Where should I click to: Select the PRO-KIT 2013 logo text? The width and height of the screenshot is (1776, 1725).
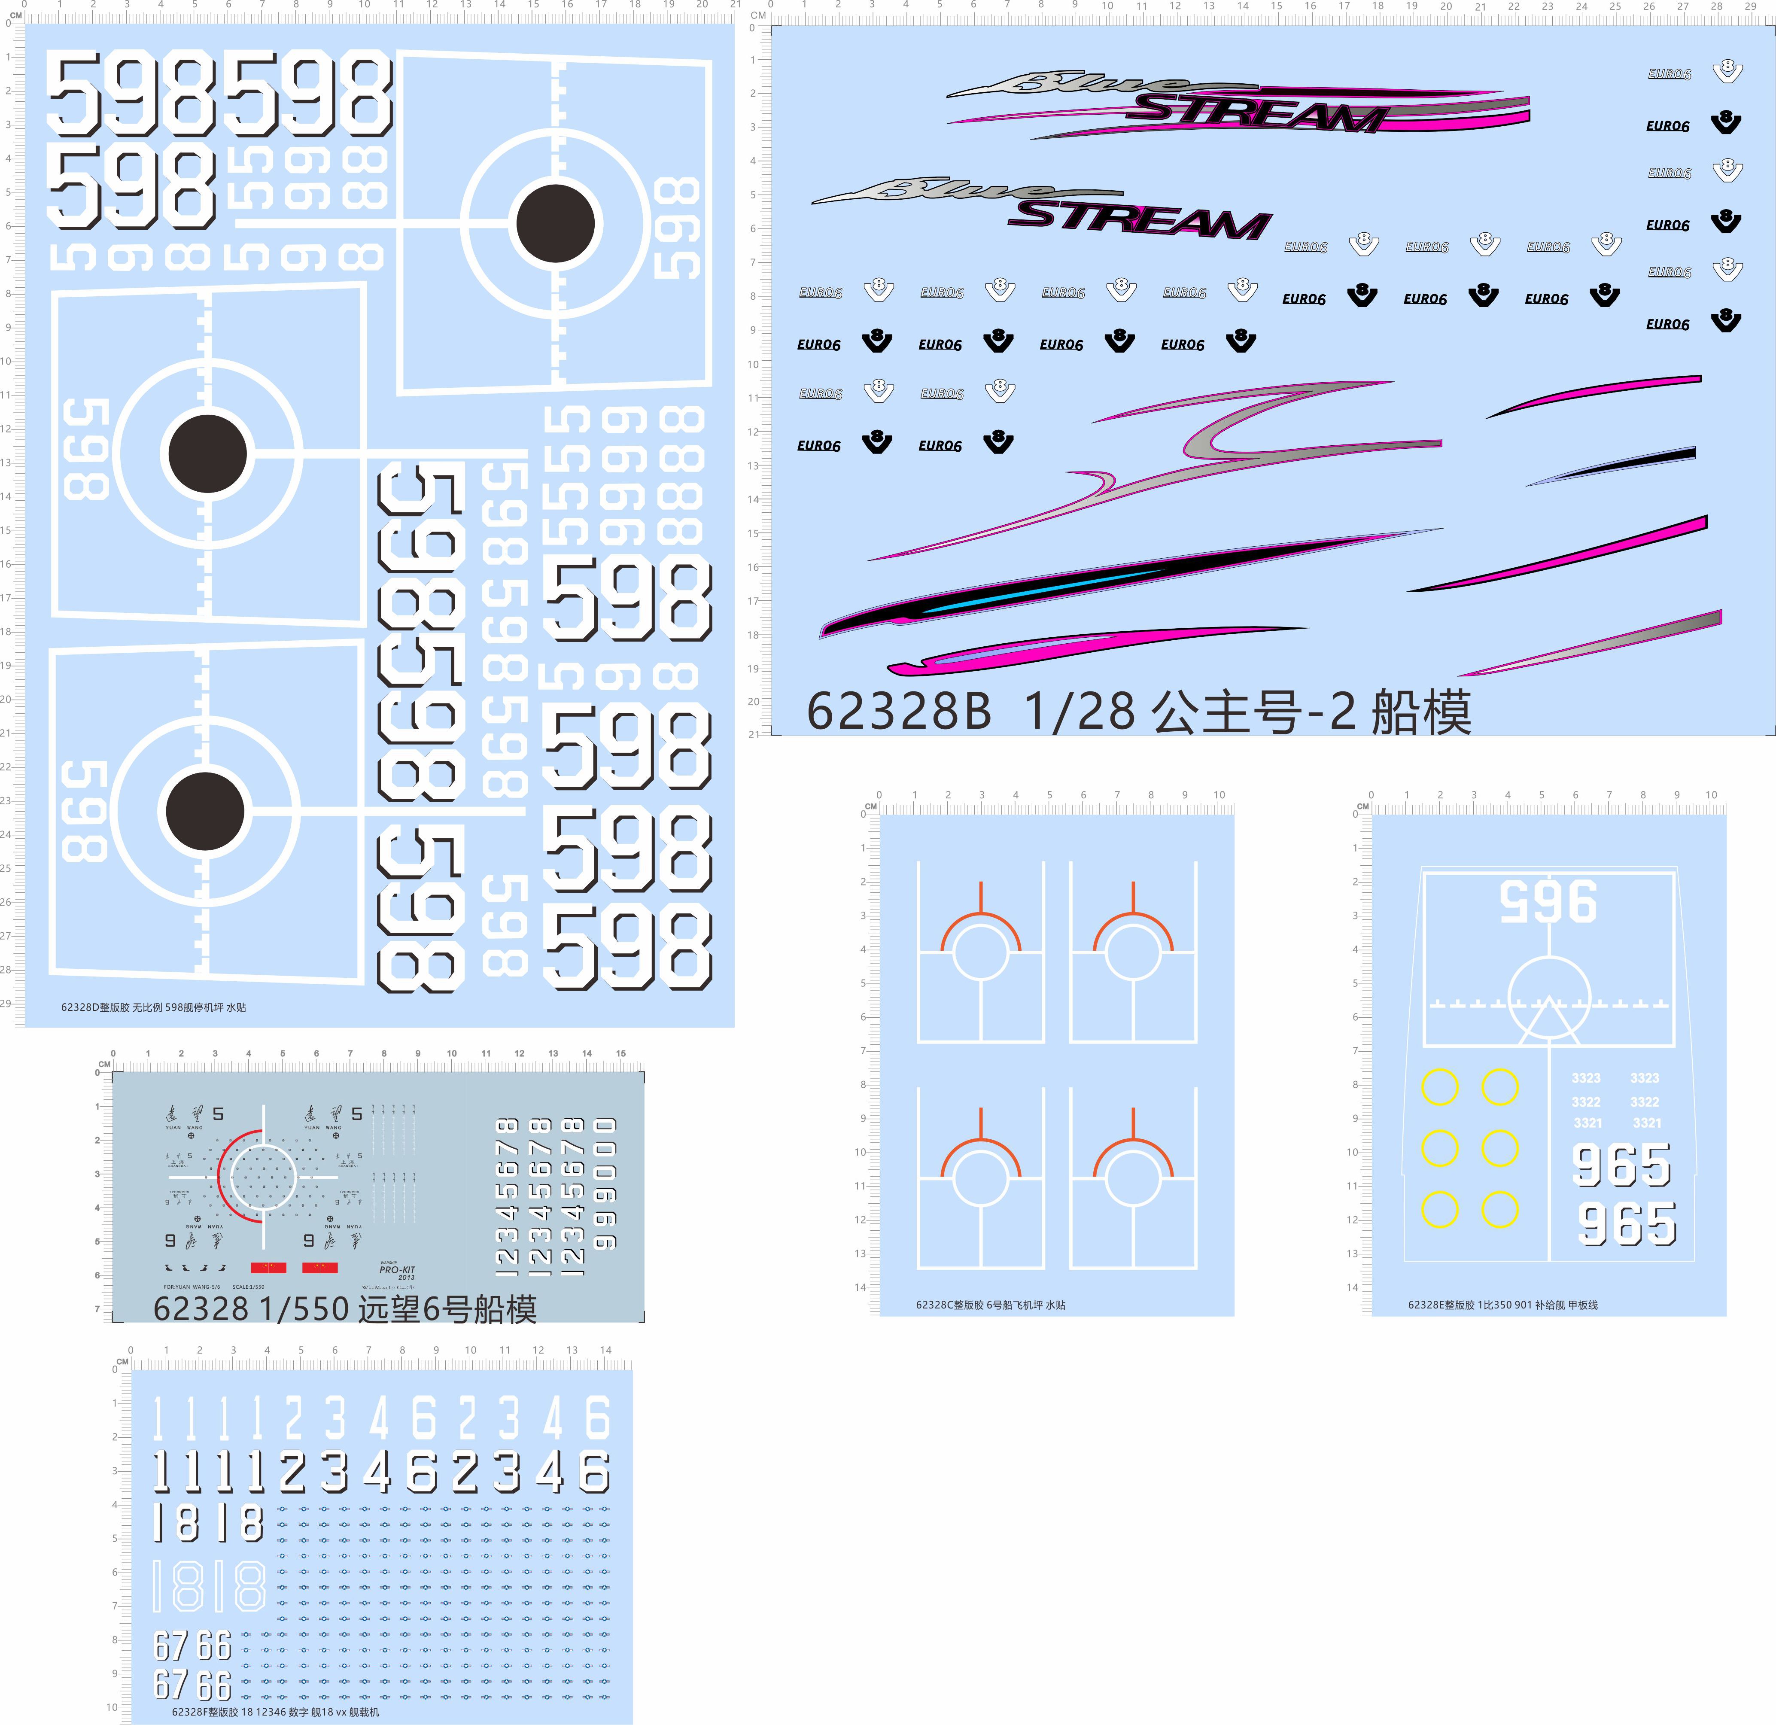[397, 1271]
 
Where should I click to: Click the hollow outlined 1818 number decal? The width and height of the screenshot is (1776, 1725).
[208, 1585]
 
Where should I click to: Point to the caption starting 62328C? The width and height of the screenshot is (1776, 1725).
[990, 1305]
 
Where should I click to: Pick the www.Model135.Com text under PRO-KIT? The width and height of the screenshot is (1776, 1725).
[388, 1287]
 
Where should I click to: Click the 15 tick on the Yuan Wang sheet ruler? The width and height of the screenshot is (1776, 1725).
[620, 1054]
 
